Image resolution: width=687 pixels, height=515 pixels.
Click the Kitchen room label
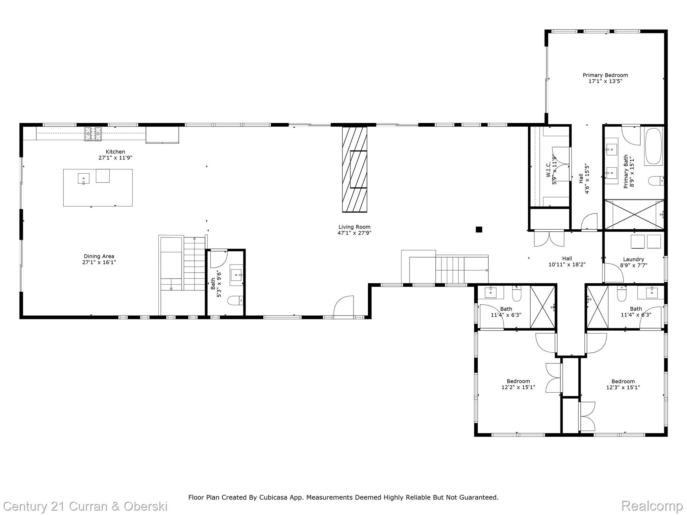pyautogui.click(x=115, y=152)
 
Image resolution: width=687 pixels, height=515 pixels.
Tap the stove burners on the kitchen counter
pyautogui.click(x=93, y=134)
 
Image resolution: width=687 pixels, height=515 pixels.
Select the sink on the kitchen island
pyautogui.click(x=84, y=178)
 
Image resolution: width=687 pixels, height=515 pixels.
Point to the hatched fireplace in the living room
pyautogui.click(x=355, y=169)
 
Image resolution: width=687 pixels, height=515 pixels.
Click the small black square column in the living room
pyautogui.click(x=479, y=229)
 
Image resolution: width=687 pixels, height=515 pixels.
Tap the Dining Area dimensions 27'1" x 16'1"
pyautogui.click(x=99, y=263)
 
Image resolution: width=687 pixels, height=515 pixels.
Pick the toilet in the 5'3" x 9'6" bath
pyautogui.click(x=235, y=300)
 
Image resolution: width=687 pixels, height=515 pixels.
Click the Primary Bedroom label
pyautogui.click(x=605, y=75)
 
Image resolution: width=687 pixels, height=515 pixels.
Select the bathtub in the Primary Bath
pyautogui.click(x=653, y=146)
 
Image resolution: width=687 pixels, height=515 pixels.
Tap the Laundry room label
pyautogui.click(x=633, y=259)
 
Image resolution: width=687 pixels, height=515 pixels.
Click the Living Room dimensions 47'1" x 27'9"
pyautogui.click(x=354, y=233)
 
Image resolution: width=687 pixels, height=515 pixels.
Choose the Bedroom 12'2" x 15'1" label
pyautogui.click(x=518, y=381)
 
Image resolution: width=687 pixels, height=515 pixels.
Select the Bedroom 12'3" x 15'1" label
pyautogui.click(x=623, y=381)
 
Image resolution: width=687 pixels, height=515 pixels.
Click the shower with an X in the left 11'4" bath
pyautogui.click(x=542, y=307)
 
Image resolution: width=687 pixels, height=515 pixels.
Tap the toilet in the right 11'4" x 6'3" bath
pyautogui.click(x=622, y=294)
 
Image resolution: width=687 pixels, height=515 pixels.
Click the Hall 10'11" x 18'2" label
pyautogui.click(x=567, y=259)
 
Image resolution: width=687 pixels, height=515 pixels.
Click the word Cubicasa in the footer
pyautogui.click(x=273, y=497)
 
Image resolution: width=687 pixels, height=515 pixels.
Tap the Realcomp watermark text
pyautogui.click(x=652, y=506)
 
